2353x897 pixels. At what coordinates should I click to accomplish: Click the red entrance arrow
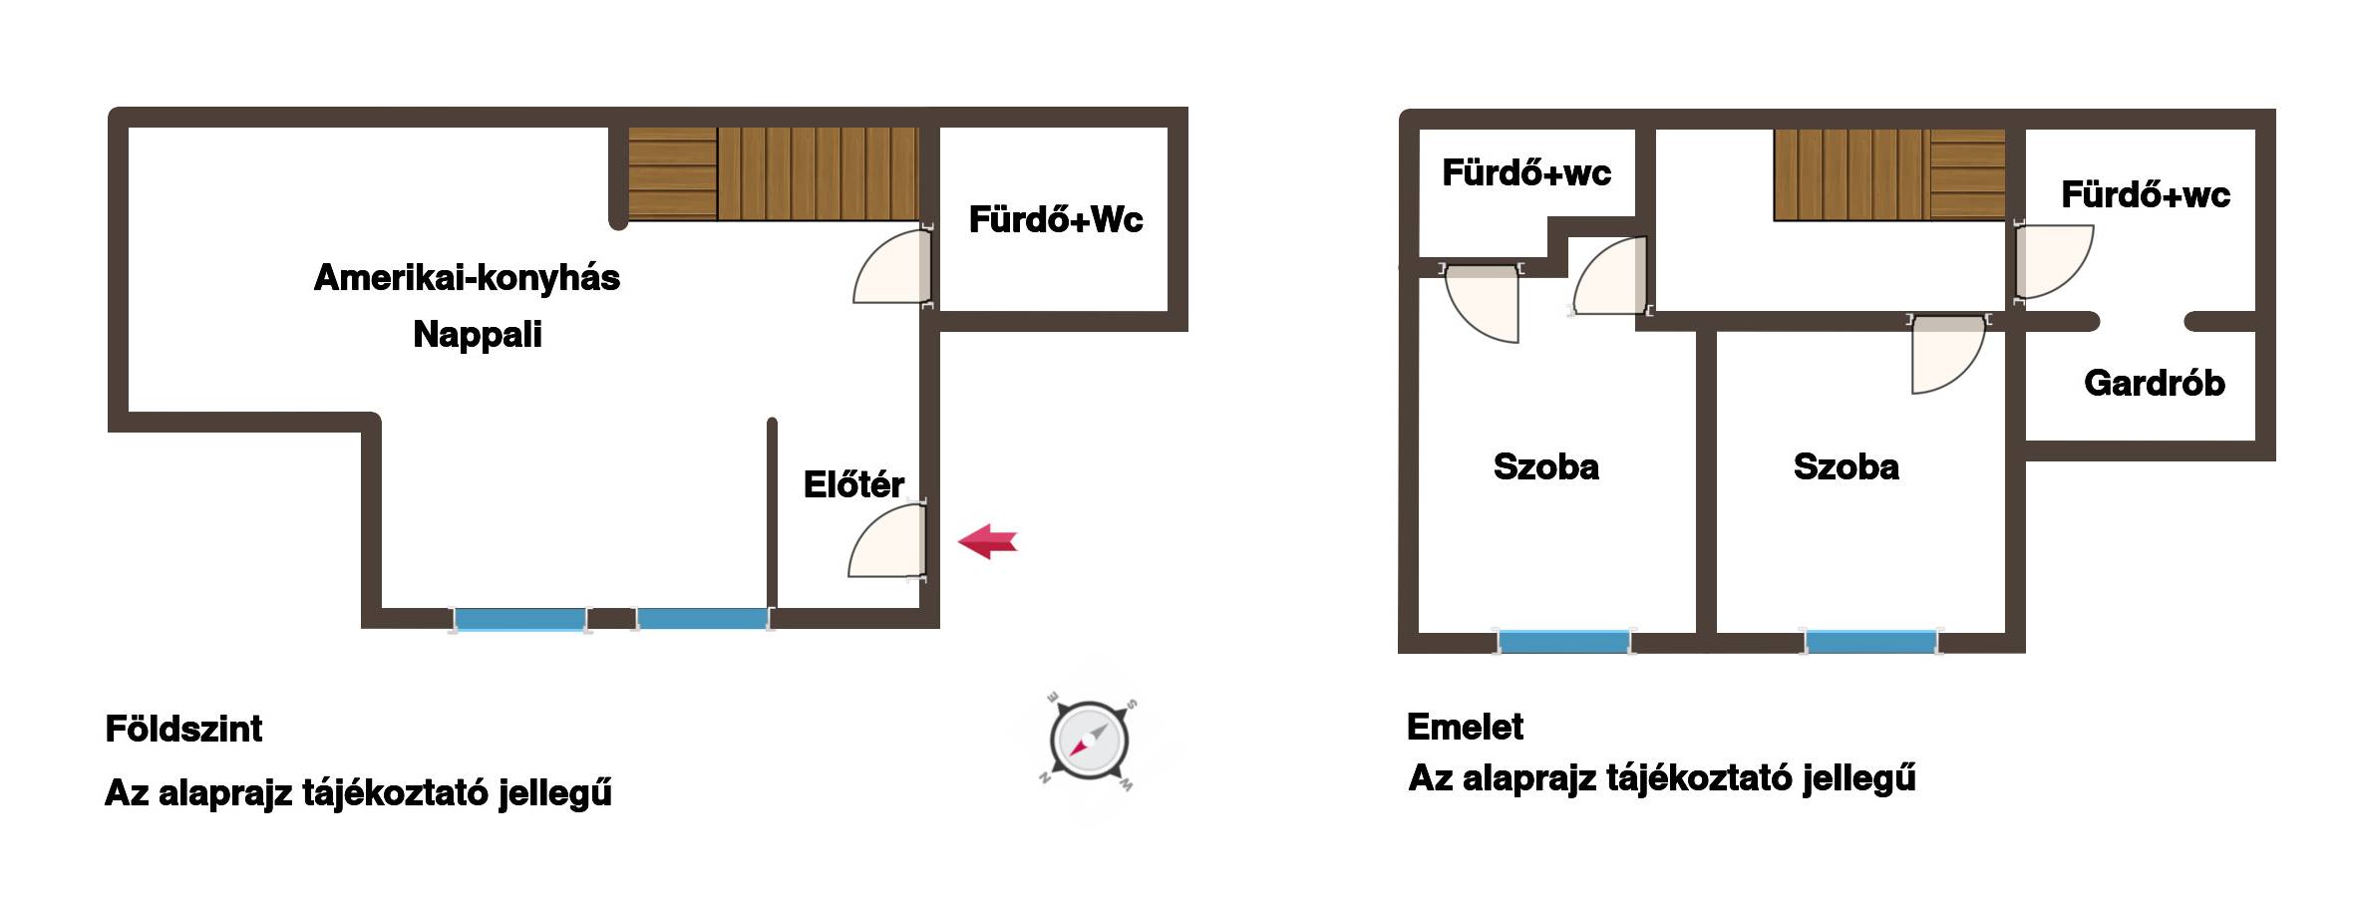point(987,541)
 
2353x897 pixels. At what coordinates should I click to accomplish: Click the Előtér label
point(853,484)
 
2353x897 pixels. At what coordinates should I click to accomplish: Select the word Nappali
point(478,334)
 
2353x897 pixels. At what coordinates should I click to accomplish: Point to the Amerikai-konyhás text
point(467,277)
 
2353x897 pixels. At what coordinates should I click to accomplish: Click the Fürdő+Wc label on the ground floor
point(1056,219)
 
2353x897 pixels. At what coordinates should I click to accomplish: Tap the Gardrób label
point(2154,383)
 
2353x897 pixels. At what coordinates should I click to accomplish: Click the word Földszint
point(183,729)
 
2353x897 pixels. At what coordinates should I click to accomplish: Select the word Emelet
point(1465,727)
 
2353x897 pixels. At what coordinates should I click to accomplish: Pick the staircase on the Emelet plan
point(1889,174)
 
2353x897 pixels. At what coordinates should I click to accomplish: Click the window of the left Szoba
point(1563,641)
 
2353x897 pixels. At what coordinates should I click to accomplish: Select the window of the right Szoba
point(1870,641)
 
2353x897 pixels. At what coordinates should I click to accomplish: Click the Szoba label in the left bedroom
point(1545,466)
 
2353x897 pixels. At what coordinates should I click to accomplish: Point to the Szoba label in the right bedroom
point(1846,466)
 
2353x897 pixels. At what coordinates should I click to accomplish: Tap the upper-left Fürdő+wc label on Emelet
point(1526,172)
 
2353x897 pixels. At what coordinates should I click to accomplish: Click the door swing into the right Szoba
point(1948,355)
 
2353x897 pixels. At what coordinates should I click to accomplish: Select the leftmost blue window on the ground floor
point(518,619)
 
